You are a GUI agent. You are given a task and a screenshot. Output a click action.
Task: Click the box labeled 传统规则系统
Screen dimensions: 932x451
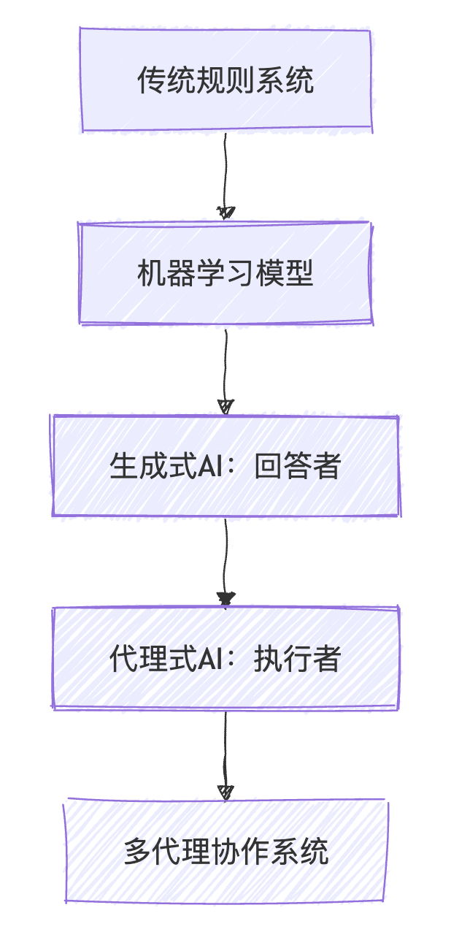pos(225,80)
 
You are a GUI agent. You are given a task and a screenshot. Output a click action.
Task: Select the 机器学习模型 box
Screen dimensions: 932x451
pos(225,274)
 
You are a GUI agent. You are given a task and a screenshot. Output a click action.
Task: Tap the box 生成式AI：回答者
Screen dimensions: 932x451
pos(225,466)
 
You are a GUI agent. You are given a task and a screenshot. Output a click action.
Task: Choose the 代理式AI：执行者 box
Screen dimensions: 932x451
pos(225,658)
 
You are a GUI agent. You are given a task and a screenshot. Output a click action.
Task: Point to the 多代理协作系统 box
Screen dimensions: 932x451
pos(225,852)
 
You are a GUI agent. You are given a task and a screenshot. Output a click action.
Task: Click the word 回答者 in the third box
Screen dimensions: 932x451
pos(298,466)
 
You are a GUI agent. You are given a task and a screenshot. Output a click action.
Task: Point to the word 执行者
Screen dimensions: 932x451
pos(298,659)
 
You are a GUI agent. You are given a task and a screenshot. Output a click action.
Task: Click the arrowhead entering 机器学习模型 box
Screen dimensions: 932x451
pos(226,213)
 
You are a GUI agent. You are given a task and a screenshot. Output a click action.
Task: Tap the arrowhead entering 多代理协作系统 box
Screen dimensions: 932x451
pos(226,792)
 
